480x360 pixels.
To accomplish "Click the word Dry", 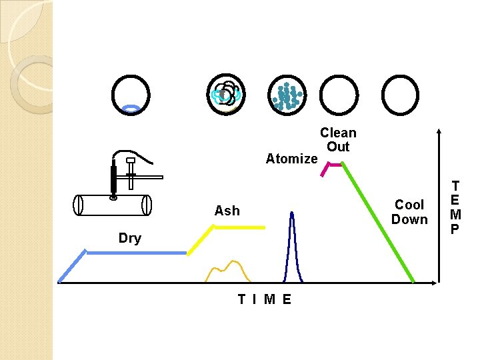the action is tap(130, 238).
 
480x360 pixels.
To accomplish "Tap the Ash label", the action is tap(227, 211).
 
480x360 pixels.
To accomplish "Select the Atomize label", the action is tap(291, 159).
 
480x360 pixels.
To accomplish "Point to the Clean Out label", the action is tap(338, 140).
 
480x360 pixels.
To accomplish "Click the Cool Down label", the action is tap(409, 212).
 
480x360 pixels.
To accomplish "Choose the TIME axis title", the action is tap(265, 299).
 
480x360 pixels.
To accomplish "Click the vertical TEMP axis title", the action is tap(455, 207).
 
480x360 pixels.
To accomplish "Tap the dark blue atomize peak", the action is tap(291, 240).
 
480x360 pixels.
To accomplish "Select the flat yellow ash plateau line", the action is tap(239, 227).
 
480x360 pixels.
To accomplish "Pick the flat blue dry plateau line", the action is tap(137, 253).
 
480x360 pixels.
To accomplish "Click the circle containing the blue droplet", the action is tap(131, 95).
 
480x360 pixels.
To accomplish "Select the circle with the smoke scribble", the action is tap(227, 94).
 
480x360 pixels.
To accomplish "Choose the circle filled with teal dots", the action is tap(287, 95).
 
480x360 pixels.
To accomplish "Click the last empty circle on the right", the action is tap(403, 95).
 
